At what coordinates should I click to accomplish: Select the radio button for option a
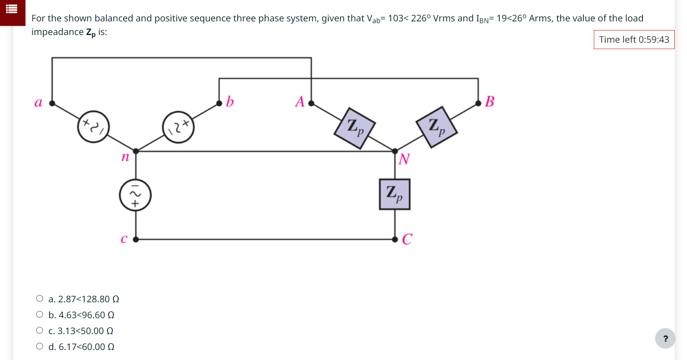40,299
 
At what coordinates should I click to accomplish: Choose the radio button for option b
40,315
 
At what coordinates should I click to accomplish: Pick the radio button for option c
40,331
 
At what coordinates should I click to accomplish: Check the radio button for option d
40,347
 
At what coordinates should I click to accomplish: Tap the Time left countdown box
634,40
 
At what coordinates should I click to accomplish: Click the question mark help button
665,339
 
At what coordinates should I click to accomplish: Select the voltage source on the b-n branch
179,127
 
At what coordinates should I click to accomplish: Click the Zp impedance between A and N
355,128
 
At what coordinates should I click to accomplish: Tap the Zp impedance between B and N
436,127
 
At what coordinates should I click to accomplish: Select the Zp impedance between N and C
395,194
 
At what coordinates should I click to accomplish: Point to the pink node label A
300,101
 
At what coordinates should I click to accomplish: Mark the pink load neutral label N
404,160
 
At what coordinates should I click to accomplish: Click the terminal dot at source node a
52,103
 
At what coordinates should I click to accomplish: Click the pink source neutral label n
125,158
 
